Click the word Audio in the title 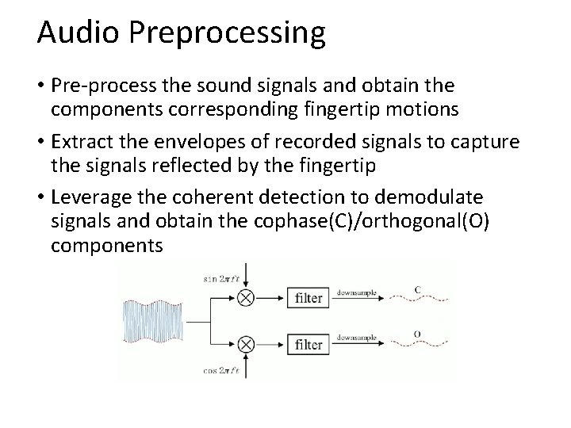(72, 33)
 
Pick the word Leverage (89, 197)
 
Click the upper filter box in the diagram (308, 299)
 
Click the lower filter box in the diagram (308, 345)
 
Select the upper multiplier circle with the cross (245, 299)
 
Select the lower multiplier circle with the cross (245, 345)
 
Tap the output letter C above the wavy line (418, 288)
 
